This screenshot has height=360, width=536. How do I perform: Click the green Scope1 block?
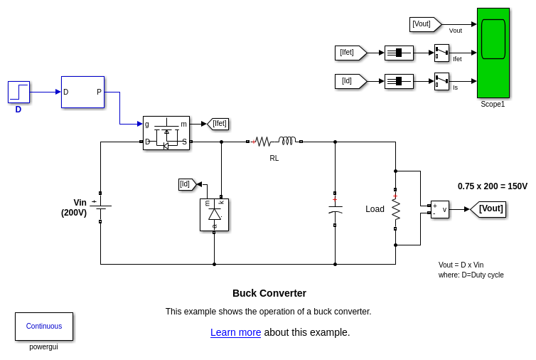(x=493, y=53)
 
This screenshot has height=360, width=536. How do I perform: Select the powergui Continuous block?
(x=44, y=327)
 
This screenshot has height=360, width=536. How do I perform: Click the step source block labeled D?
(x=18, y=92)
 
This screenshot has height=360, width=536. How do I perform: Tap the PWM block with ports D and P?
(x=82, y=92)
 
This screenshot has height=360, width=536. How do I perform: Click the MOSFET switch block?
(x=166, y=133)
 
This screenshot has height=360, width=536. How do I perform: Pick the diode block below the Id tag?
(x=214, y=214)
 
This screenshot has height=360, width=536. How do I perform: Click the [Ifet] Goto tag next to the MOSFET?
(x=218, y=124)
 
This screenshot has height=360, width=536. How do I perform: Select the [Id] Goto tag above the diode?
(x=187, y=184)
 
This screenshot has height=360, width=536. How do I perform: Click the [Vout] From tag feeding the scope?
(x=424, y=24)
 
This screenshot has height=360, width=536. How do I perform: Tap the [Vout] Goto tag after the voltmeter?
(x=488, y=209)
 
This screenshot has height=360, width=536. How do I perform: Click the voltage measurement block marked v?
(x=440, y=209)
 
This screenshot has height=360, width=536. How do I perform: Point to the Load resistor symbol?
(x=395, y=209)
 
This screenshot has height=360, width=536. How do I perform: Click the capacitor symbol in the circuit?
(x=335, y=209)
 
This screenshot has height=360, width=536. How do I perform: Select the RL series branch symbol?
(x=274, y=142)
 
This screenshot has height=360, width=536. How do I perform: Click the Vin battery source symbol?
(x=100, y=207)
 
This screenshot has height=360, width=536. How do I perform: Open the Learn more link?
(x=235, y=332)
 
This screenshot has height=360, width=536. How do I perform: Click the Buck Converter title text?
(x=269, y=293)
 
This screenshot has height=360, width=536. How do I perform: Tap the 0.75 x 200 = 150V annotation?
(x=492, y=186)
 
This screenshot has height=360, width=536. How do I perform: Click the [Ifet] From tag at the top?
(x=350, y=53)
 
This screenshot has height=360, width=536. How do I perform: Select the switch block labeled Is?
(x=441, y=81)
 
